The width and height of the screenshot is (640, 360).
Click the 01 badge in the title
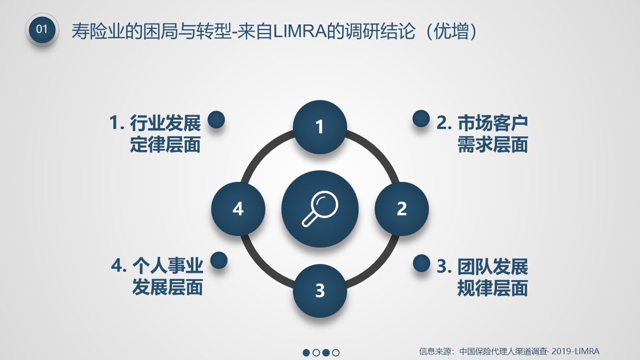pyautogui.click(x=42, y=29)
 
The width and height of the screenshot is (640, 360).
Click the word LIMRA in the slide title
pyautogui.click(x=300, y=31)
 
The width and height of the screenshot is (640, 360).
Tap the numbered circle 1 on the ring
pyautogui.click(x=320, y=127)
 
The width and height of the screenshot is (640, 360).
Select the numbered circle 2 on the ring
pyautogui.click(x=402, y=209)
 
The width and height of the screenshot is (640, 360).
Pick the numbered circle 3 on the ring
pyautogui.click(x=320, y=291)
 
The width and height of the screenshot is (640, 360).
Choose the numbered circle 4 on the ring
pyautogui.click(x=238, y=209)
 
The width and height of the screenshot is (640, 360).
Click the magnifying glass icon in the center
pyautogui.click(x=320, y=209)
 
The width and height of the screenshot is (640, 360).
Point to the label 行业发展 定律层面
pyautogui.click(x=156, y=133)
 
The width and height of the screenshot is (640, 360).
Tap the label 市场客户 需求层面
pyautogui.click(x=482, y=133)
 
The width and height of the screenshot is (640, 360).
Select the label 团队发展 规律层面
pyautogui.click(x=483, y=277)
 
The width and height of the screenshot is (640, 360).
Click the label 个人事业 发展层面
pyautogui.click(x=157, y=276)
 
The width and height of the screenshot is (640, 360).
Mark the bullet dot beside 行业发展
pyautogui.click(x=216, y=120)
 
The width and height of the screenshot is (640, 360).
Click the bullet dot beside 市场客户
pyautogui.click(x=421, y=119)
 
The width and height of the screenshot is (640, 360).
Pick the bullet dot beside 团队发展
pyautogui.click(x=421, y=263)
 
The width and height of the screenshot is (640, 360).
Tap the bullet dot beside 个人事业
pyautogui.click(x=219, y=260)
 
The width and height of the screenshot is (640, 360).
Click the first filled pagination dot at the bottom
pyautogui.click(x=306, y=352)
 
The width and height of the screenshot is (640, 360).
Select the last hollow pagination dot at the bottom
pyautogui.click(x=336, y=352)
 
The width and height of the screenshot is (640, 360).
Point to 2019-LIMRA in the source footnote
pyautogui.click(x=576, y=351)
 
